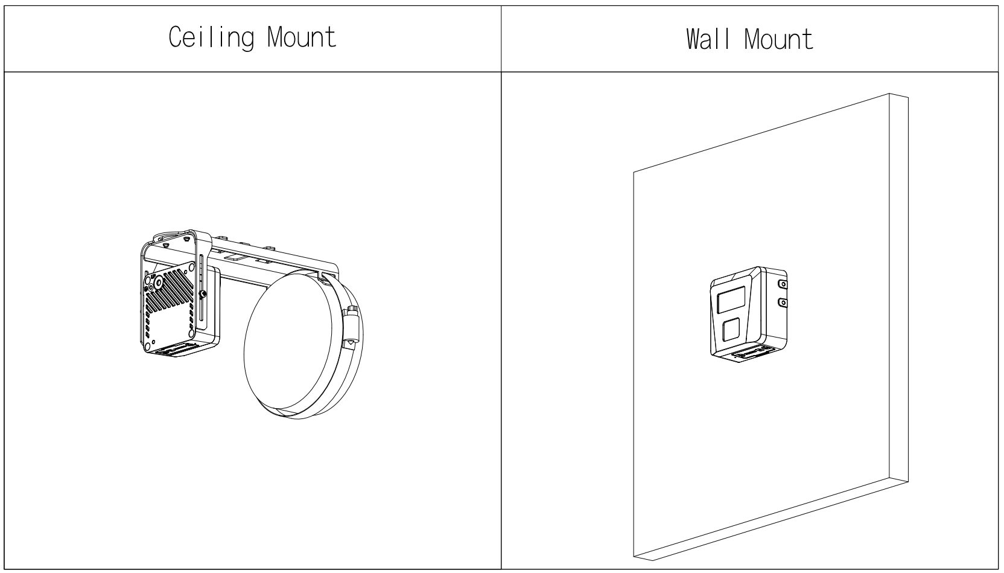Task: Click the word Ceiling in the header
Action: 212,37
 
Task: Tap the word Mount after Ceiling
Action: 302,36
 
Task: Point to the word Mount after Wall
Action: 778,39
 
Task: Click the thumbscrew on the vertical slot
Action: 203,293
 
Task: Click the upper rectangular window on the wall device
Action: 731,299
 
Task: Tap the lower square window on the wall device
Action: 731,329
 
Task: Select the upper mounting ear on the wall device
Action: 783,284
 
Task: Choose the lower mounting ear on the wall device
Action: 783,303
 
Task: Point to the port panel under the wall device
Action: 751,353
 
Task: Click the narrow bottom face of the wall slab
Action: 771,520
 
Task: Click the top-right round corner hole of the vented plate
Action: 191,267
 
